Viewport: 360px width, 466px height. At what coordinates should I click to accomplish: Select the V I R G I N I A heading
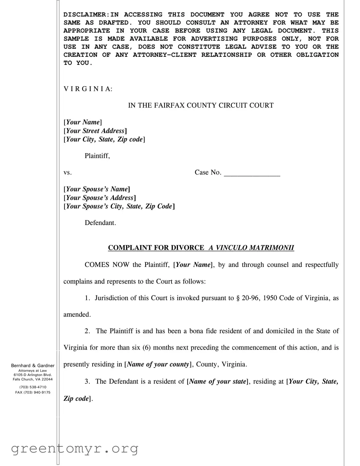[x=88, y=89]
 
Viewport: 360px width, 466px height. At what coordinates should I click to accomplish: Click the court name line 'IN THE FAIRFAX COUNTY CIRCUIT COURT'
[x=201, y=105]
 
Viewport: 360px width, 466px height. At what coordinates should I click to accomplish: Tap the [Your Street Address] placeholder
[x=95, y=131]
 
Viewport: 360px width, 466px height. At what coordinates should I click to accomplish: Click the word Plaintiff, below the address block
[x=97, y=156]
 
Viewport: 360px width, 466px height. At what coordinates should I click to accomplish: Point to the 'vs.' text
[x=67, y=173]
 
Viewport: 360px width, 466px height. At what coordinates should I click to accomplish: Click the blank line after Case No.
[x=252, y=173]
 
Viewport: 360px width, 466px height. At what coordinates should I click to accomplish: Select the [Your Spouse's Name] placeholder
[x=97, y=189]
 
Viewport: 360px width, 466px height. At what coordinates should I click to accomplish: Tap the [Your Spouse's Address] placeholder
[x=100, y=198]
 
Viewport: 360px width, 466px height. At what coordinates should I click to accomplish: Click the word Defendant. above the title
[x=100, y=223]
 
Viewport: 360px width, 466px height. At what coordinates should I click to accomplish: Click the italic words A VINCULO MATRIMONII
[x=251, y=248]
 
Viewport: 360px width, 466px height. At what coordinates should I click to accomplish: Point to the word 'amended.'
[x=77, y=315]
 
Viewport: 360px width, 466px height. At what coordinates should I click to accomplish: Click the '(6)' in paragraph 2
[x=147, y=348]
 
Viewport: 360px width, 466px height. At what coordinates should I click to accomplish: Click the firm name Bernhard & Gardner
[x=33, y=366]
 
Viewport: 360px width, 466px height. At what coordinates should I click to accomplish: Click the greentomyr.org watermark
[x=74, y=449]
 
